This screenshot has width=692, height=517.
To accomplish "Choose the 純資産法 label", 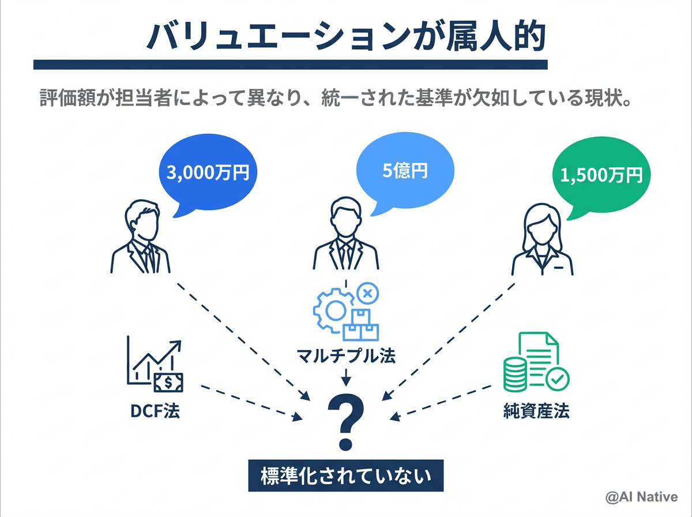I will click(x=536, y=411).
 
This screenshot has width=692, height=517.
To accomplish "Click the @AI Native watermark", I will click(x=641, y=496).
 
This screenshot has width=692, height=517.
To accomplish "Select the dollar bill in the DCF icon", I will click(x=168, y=381).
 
